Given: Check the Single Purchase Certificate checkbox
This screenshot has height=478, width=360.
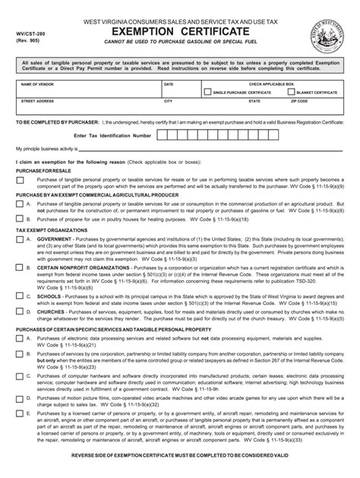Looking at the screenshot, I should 208,92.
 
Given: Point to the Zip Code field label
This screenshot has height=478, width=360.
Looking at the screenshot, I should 298,100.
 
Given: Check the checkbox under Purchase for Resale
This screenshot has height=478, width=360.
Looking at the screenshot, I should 19,181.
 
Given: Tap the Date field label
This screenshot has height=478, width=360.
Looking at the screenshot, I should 169,84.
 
